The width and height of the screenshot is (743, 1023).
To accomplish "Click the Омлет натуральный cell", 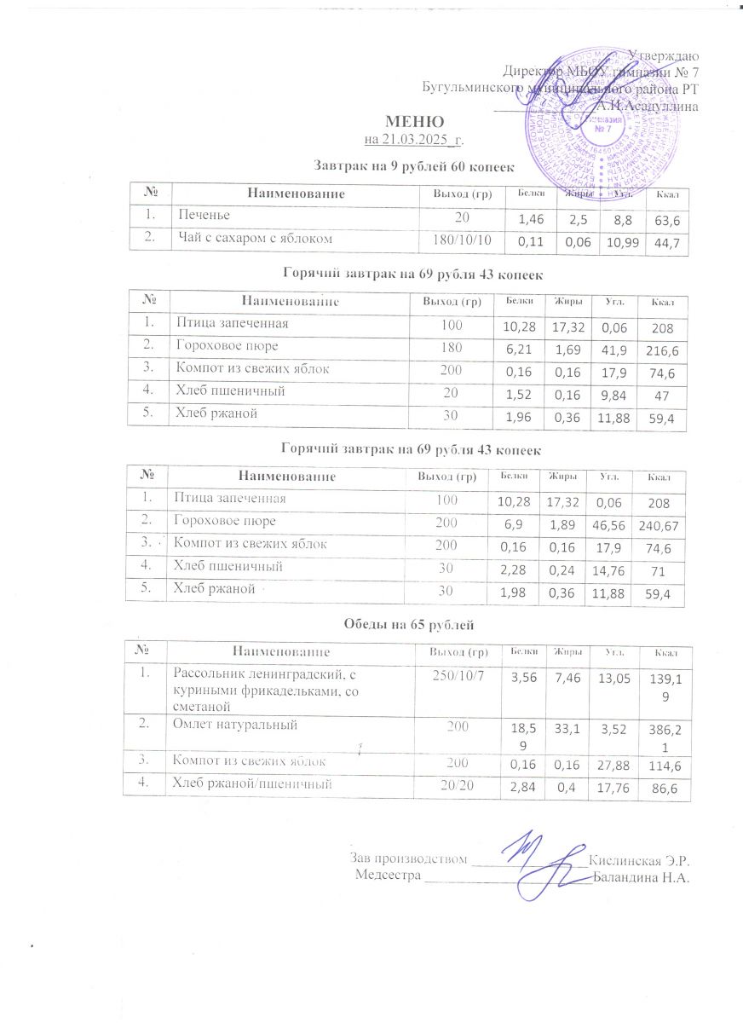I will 233,725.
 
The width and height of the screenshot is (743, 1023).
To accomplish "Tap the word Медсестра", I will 389,876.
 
